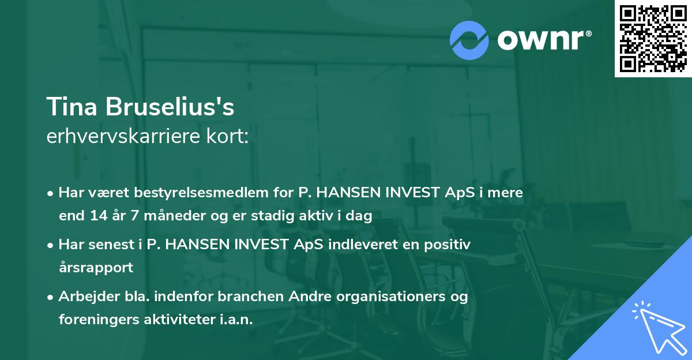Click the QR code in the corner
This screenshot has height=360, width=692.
pos(653,39)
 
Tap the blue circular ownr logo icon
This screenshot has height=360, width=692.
pos(469,40)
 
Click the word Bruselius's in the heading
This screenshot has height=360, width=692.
pos(168,107)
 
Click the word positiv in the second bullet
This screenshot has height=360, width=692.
pos(449,244)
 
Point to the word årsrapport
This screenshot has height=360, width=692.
pos(96,268)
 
